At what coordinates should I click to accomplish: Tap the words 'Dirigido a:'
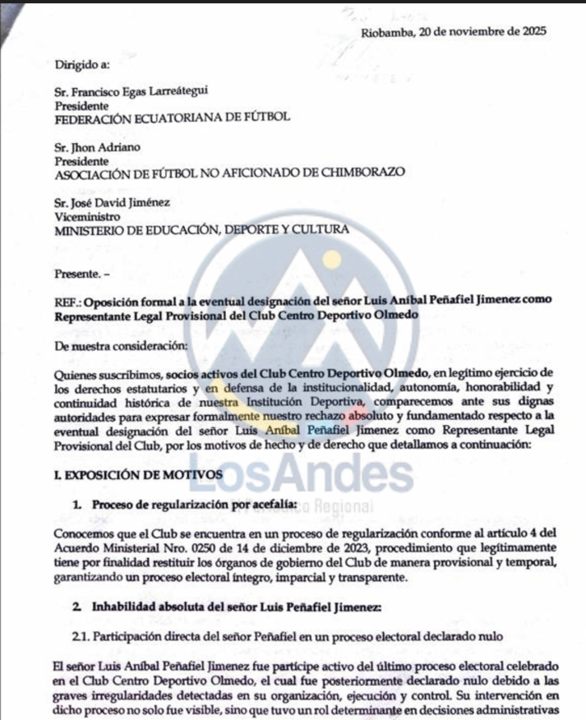point(82,63)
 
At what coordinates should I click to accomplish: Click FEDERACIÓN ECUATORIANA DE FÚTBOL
point(172,118)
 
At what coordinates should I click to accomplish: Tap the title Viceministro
point(86,217)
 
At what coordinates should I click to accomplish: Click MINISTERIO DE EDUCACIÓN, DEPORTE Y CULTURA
point(201,230)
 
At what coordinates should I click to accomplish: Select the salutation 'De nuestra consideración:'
point(121,344)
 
